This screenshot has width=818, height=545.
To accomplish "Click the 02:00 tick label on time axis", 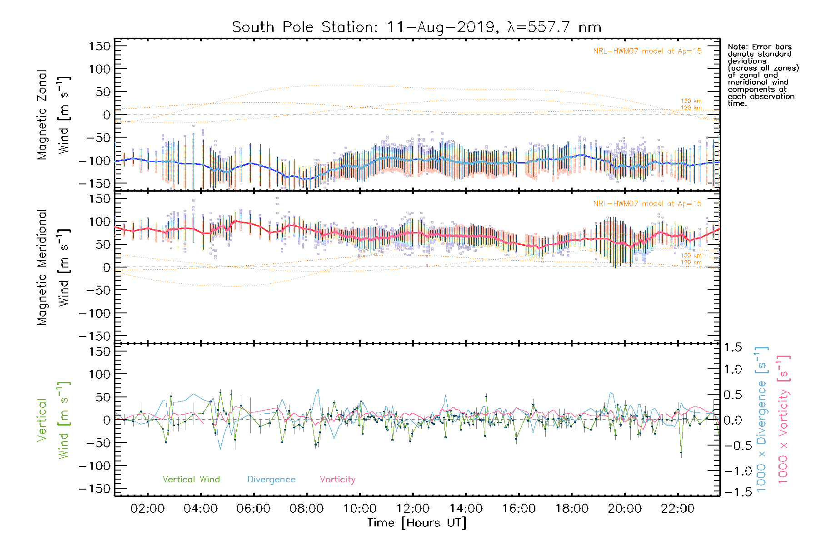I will click(147, 509).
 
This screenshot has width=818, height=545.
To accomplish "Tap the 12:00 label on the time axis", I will click(413, 509).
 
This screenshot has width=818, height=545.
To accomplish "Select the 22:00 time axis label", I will click(678, 509).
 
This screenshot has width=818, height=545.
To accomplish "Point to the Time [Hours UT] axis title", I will click(417, 523).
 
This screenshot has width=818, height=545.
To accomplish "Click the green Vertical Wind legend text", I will click(191, 480).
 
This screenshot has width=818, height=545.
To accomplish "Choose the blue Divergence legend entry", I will click(271, 480).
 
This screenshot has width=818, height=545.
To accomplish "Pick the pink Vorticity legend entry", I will click(337, 480).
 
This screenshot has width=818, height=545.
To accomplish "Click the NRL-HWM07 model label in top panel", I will click(647, 51).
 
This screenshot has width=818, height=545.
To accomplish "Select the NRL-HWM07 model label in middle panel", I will click(647, 204).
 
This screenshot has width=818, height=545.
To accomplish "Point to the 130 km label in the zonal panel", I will click(691, 101).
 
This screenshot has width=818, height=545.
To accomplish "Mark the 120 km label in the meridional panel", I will click(691, 263).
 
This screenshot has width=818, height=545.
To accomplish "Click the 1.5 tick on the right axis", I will click(733, 347).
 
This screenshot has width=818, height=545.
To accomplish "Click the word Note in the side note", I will click(737, 47).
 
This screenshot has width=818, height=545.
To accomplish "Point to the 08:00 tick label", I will click(306, 509).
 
